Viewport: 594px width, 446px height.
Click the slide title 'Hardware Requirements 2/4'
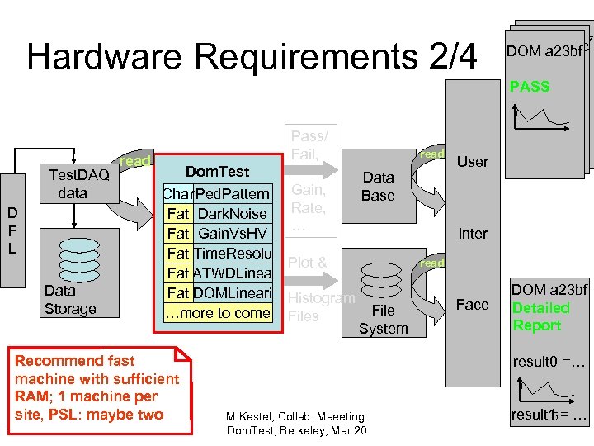pos(252,56)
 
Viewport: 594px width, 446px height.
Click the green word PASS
pos(530,87)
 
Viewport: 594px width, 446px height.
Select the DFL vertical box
pos(12,230)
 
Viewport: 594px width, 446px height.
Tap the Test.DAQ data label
pos(78,183)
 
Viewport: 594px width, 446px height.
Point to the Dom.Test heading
pos(217,172)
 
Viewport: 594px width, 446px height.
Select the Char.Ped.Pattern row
pos(216,194)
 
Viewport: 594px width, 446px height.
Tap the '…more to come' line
pos(217,313)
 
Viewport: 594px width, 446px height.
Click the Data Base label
pos(378,187)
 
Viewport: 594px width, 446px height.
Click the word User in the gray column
pos(473,162)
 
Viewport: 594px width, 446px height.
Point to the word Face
pos(473,305)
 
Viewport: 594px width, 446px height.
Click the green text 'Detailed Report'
pos(540,317)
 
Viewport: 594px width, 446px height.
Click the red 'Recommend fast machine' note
pos(97,387)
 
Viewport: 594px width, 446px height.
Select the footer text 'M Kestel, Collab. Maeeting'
pos(296,416)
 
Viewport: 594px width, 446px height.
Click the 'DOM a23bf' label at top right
pos(544,51)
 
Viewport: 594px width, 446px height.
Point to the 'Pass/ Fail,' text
pos(309,145)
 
